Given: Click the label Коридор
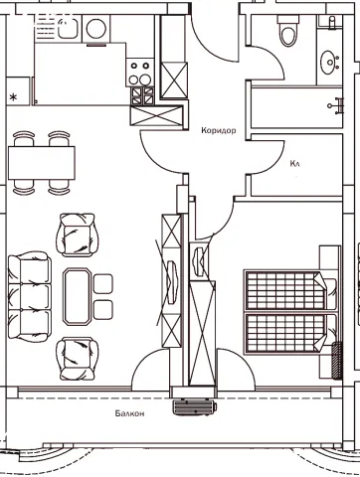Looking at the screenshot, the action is pyautogui.click(x=219, y=130).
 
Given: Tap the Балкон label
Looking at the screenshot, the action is pyautogui.click(x=129, y=413).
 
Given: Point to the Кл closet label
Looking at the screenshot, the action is pyautogui.click(x=294, y=163).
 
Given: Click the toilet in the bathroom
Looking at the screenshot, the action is pyautogui.click(x=287, y=32).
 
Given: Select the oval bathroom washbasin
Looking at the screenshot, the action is pyautogui.click(x=330, y=62).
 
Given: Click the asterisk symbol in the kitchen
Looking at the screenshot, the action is pyautogui.click(x=13, y=97).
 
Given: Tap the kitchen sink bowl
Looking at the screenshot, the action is pyautogui.click(x=68, y=28).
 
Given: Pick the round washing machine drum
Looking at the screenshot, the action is pyautogui.click(x=96, y=28).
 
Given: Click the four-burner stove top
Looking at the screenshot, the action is pyautogui.click(x=139, y=73).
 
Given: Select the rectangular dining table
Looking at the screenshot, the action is pyautogui.click(x=42, y=163).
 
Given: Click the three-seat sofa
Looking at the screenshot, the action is pyautogui.click(x=30, y=296).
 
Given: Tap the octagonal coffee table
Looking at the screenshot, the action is pyautogui.click(x=77, y=296).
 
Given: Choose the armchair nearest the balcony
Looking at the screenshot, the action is pyautogui.click(x=78, y=359).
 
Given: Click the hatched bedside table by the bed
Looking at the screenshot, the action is pyautogui.click(x=337, y=361).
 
